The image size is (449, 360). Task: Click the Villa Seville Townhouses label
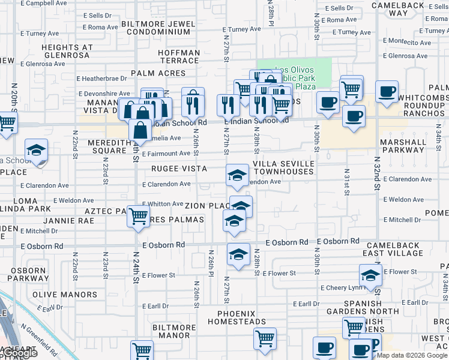click(283, 167)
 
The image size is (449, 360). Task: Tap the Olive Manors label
click(65, 295)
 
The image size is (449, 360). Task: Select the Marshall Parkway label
click(403, 146)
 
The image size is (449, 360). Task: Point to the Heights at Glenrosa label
click(66, 51)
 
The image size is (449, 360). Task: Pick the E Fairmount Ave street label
click(166, 154)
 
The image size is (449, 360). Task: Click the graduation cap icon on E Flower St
click(370, 276)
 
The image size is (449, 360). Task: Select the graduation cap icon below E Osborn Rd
click(238, 254)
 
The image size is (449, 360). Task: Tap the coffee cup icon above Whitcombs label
click(387, 91)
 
